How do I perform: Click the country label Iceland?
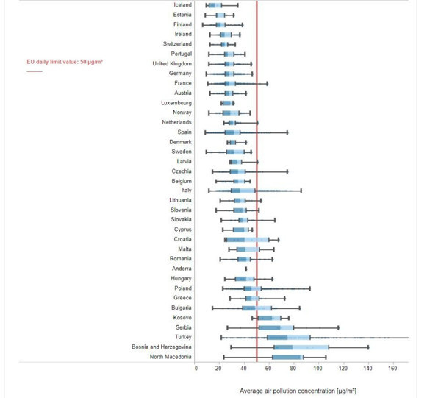click(181, 5)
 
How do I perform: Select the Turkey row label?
click(182, 337)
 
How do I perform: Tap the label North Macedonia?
click(171, 357)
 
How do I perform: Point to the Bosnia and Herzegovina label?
click(162, 347)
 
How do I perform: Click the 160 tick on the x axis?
click(392, 368)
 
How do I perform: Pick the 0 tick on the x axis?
click(196, 368)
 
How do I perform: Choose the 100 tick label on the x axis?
click(319, 368)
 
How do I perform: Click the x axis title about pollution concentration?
click(298, 391)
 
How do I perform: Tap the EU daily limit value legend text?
click(65, 62)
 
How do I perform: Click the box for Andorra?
click(246, 269)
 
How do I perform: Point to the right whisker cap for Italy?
click(301, 191)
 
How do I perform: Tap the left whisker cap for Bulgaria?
click(212, 308)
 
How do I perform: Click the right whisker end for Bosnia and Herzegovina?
click(367, 347)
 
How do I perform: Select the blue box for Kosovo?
click(269, 318)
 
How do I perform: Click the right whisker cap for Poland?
click(310, 288)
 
